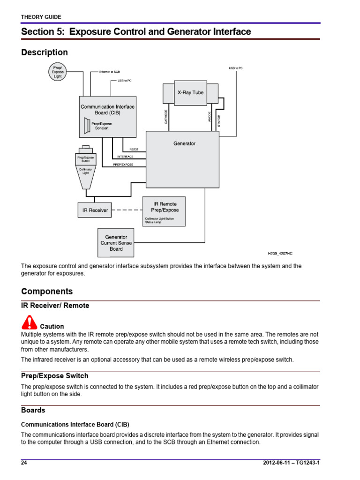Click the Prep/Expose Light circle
coord(58,72)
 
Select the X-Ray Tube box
coord(190,92)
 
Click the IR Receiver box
coord(95,210)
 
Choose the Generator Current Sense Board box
coord(116,243)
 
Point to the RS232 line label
coord(134,150)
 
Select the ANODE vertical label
coord(210,117)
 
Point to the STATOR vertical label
coord(219,120)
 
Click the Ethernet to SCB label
coord(110,72)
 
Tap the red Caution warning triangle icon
coord(29,323)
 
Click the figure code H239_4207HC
coord(280,254)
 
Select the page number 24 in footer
coord(24,463)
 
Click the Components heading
coord(47,291)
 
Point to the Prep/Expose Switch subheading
coord(54,376)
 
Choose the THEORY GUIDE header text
coord(41,17)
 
